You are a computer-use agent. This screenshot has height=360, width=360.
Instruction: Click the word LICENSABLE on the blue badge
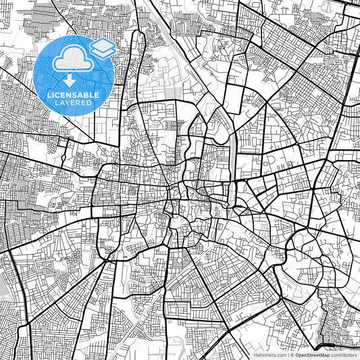74,95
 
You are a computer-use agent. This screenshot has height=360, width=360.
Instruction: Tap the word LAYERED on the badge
74,103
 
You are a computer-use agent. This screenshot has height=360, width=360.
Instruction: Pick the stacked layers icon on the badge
102,48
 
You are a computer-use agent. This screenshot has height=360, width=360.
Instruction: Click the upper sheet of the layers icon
102,45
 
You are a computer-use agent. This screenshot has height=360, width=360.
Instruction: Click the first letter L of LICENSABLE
49,95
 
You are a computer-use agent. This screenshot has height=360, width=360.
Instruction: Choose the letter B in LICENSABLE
86,95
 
